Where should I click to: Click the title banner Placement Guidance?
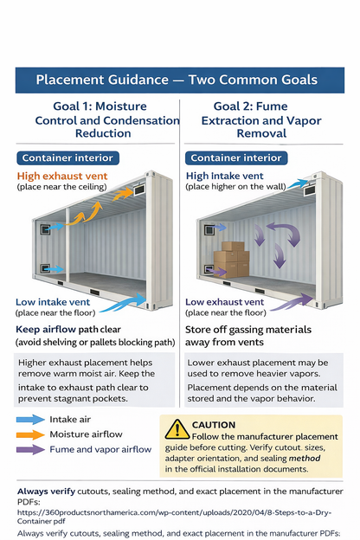click(x=180, y=80)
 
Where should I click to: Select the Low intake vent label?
click(x=55, y=302)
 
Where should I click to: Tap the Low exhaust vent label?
click(x=228, y=302)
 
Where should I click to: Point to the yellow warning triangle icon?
click(x=177, y=429)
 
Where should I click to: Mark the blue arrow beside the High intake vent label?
click(x=297, y=181)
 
